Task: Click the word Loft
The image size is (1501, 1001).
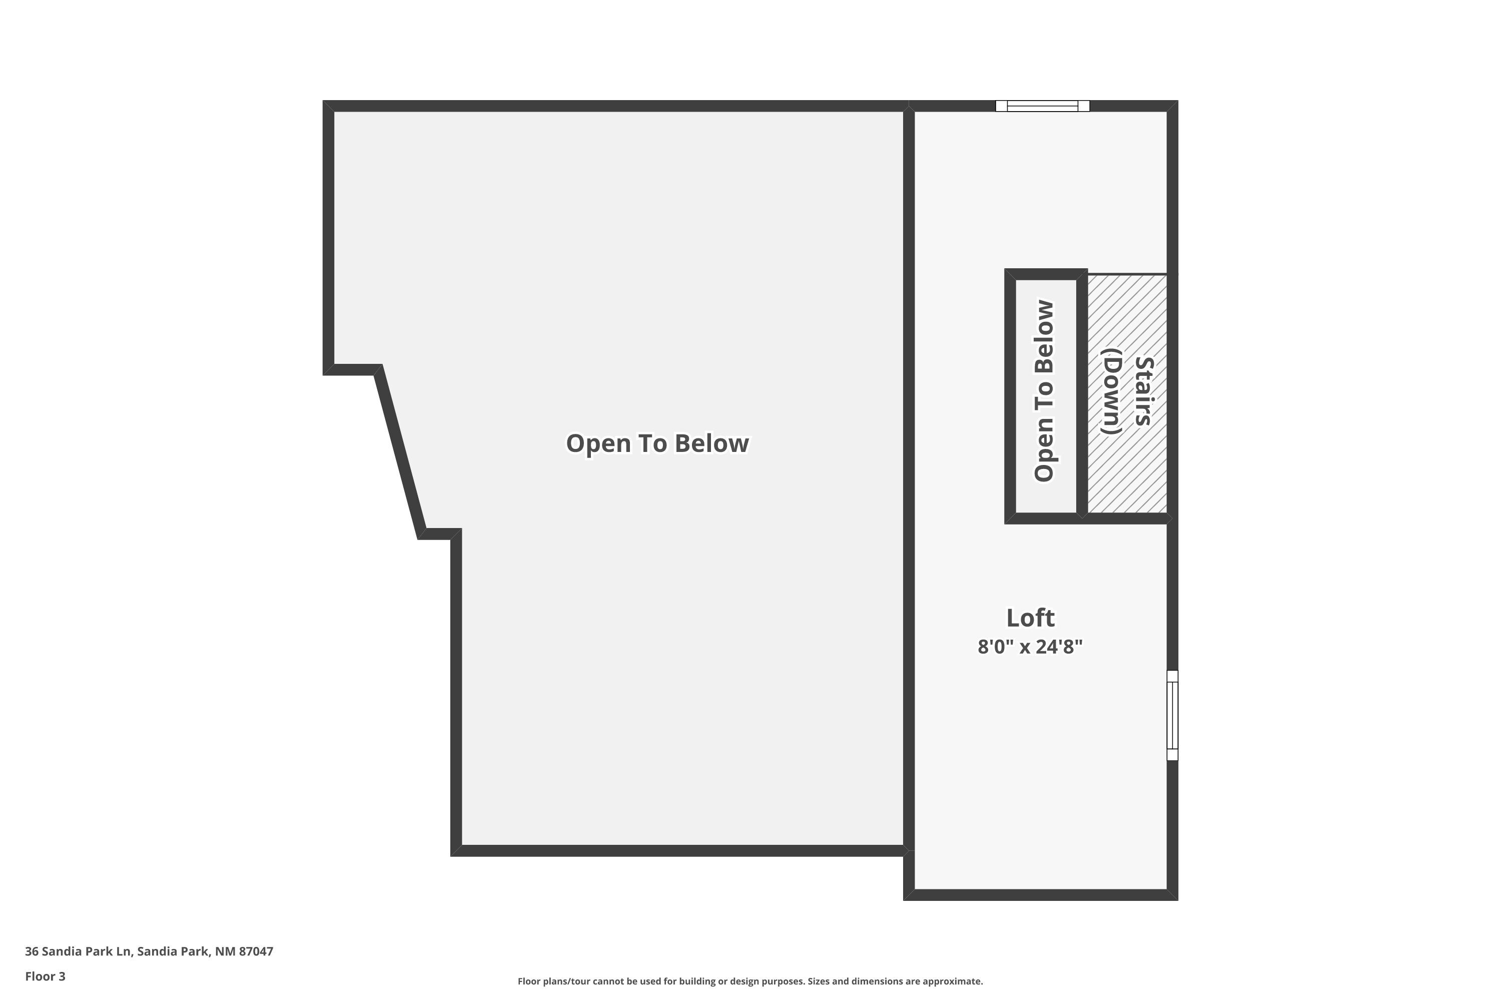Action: point(1030,618)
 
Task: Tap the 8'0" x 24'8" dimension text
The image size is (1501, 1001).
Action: point(1030,647)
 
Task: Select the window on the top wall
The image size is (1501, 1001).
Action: point(1042,106)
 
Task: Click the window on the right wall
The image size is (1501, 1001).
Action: point(1172,715)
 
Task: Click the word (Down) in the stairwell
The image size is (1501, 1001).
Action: point(1112,391)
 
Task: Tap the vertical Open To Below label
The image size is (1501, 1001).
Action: point(1044,391)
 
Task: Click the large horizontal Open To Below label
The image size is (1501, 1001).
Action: point(657,443)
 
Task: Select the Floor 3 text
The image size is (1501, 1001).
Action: point(46,976)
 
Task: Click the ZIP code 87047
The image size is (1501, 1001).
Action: point(256,951)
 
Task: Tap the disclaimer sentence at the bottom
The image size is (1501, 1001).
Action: point(750,981)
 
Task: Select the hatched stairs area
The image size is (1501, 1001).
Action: point(1127,393)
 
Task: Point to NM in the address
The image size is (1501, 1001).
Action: point(225,951)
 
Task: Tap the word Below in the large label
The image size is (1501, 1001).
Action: point(711,443)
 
